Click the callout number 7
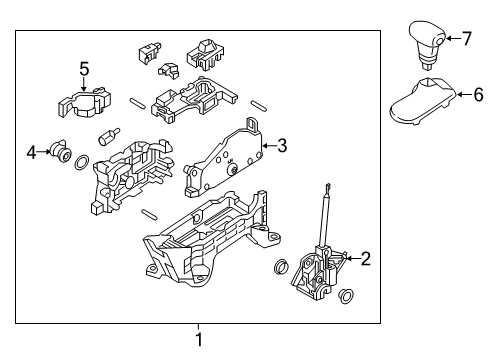click(x=467, y=38)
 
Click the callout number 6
click(x=478, y=95)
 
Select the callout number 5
click(x=84, y=69)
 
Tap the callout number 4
click(x=31, y=152)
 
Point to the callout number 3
click(x=282, y=146)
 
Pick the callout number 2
click(x=365, y=258)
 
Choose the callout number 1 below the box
click(x=199, y=339)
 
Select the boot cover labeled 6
click(x=423, y=101)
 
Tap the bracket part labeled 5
click(x=84, y=103)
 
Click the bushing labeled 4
click(x=61, y=151)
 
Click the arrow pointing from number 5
click(x=84, y=84)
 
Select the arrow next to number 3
click(x=269, y=146)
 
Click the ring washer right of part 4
click(x=81, y=162)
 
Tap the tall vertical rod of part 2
click(x=324, y=218)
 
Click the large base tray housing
click(x=212, y=238)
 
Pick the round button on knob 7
click(x=439, y=41)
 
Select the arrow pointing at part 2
click(x=353, y=258)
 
